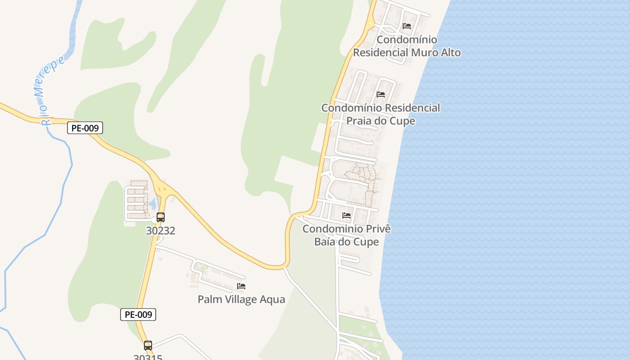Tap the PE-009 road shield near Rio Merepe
85,128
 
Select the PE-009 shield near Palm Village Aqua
138,315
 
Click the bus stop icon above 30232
161,217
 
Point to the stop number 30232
161,231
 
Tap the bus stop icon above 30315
148,346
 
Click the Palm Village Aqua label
241,299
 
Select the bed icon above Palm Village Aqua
241,286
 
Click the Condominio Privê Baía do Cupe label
346,235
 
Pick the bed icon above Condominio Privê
346,216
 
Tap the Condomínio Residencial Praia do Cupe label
381,114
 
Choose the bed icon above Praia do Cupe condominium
381,94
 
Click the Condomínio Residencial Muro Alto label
407,46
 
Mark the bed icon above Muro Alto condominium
407,26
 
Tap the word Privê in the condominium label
377,229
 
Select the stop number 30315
148,357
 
